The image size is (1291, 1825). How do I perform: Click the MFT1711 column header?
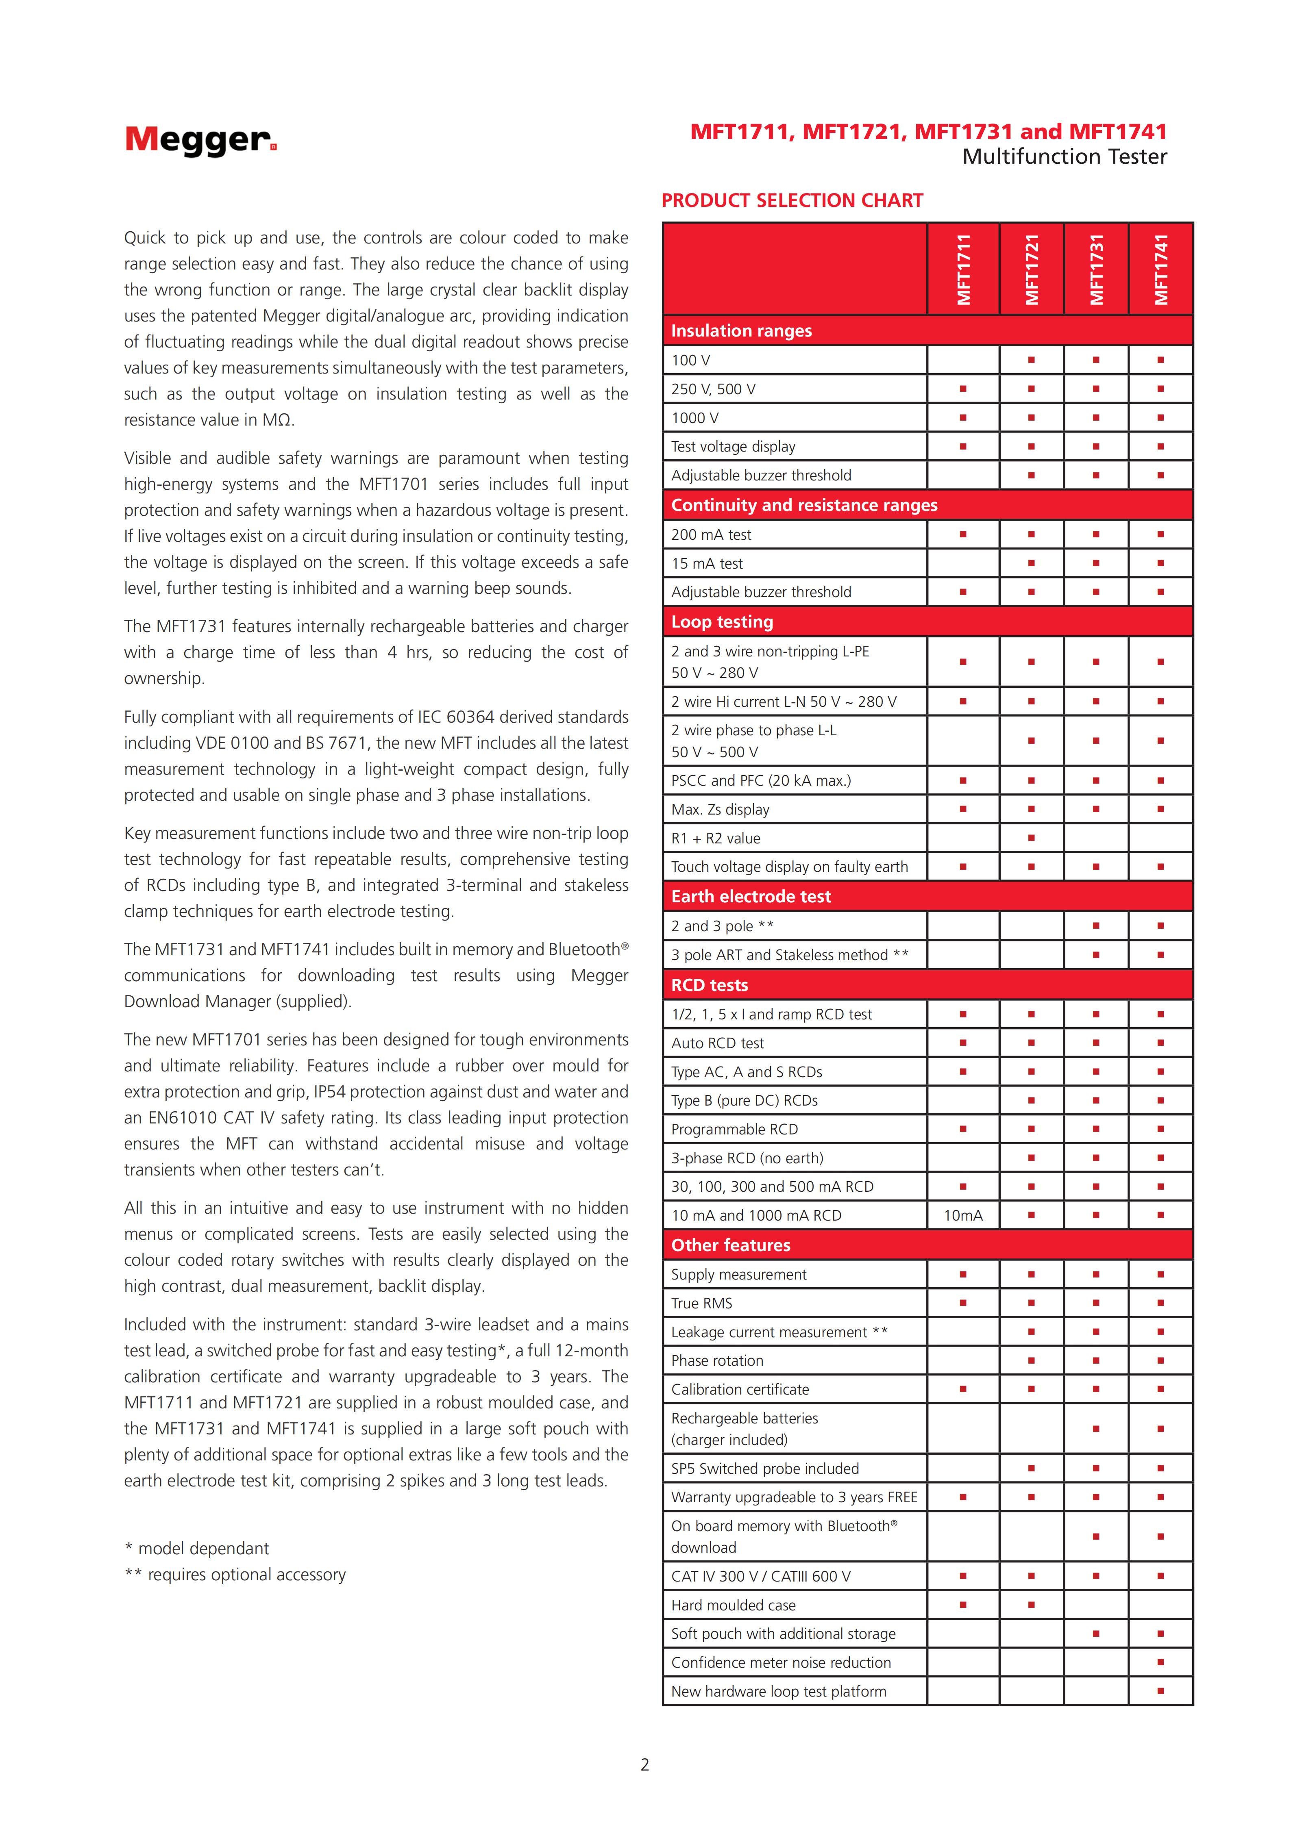point(964,269)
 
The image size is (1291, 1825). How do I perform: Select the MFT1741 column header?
point(1161,269)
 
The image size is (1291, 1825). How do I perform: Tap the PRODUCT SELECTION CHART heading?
point(792,200)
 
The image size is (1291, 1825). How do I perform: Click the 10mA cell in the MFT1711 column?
point(963,1215)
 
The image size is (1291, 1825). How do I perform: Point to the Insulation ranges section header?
point(742,331)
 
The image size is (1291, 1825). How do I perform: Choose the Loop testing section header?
point(722,621)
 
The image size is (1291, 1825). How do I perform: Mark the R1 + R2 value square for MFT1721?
point(1031,838)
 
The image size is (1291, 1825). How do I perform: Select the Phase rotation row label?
point(717,1361)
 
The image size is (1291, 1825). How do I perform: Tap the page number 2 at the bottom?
point(645,1764)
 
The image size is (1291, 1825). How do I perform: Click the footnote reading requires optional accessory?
point(235,1575)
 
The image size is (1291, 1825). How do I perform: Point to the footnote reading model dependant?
point(197,1548)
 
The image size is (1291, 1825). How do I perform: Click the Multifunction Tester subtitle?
point(1065,156)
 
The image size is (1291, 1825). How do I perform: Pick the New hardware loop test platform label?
point(778,1691)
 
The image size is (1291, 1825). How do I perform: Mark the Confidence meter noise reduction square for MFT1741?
point(1160,1662)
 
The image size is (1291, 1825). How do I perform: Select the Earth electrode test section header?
point(751,897)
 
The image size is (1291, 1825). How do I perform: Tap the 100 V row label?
point(691,360)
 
